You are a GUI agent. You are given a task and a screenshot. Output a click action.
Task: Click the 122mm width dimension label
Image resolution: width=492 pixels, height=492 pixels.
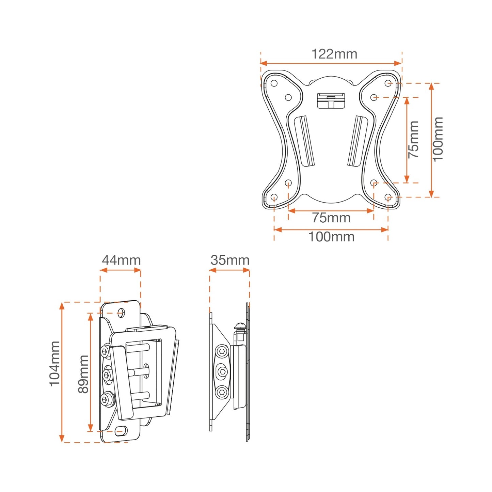click(334, 54)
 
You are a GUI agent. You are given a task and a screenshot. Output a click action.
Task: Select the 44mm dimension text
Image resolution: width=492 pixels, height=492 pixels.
click(121, 260)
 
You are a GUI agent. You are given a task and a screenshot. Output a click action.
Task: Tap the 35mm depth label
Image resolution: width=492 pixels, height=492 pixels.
click(230, 260)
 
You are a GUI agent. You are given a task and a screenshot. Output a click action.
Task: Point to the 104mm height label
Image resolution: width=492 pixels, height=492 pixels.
click(55, 364)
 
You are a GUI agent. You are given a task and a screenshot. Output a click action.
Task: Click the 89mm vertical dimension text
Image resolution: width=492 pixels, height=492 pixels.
click(83, 374)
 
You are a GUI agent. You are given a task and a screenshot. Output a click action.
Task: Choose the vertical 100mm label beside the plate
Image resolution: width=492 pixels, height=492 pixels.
click(438, 139)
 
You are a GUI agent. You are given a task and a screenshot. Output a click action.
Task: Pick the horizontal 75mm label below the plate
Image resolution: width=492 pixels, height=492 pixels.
click(331, 218)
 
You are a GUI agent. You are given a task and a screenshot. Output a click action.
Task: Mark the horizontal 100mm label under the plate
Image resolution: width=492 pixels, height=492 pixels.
click(331, 237)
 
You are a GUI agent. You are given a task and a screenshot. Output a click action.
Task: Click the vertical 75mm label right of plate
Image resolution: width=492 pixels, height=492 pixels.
click(414, 139)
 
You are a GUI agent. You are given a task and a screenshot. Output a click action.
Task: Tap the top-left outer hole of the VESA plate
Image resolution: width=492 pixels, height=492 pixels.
click(274, 83)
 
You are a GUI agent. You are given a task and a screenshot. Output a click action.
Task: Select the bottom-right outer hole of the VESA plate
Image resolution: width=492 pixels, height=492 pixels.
click(388, 197)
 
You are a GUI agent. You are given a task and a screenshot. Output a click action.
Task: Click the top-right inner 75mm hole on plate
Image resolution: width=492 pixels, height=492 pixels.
click(374, 97)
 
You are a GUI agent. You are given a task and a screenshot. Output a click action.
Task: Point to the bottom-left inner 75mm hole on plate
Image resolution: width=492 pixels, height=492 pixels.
click(288, 183)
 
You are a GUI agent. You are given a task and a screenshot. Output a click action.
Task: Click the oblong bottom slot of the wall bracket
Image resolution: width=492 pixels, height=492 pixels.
click(121, 431)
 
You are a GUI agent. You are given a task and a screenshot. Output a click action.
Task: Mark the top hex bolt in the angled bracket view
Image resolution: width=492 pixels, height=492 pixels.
click(106, 351)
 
